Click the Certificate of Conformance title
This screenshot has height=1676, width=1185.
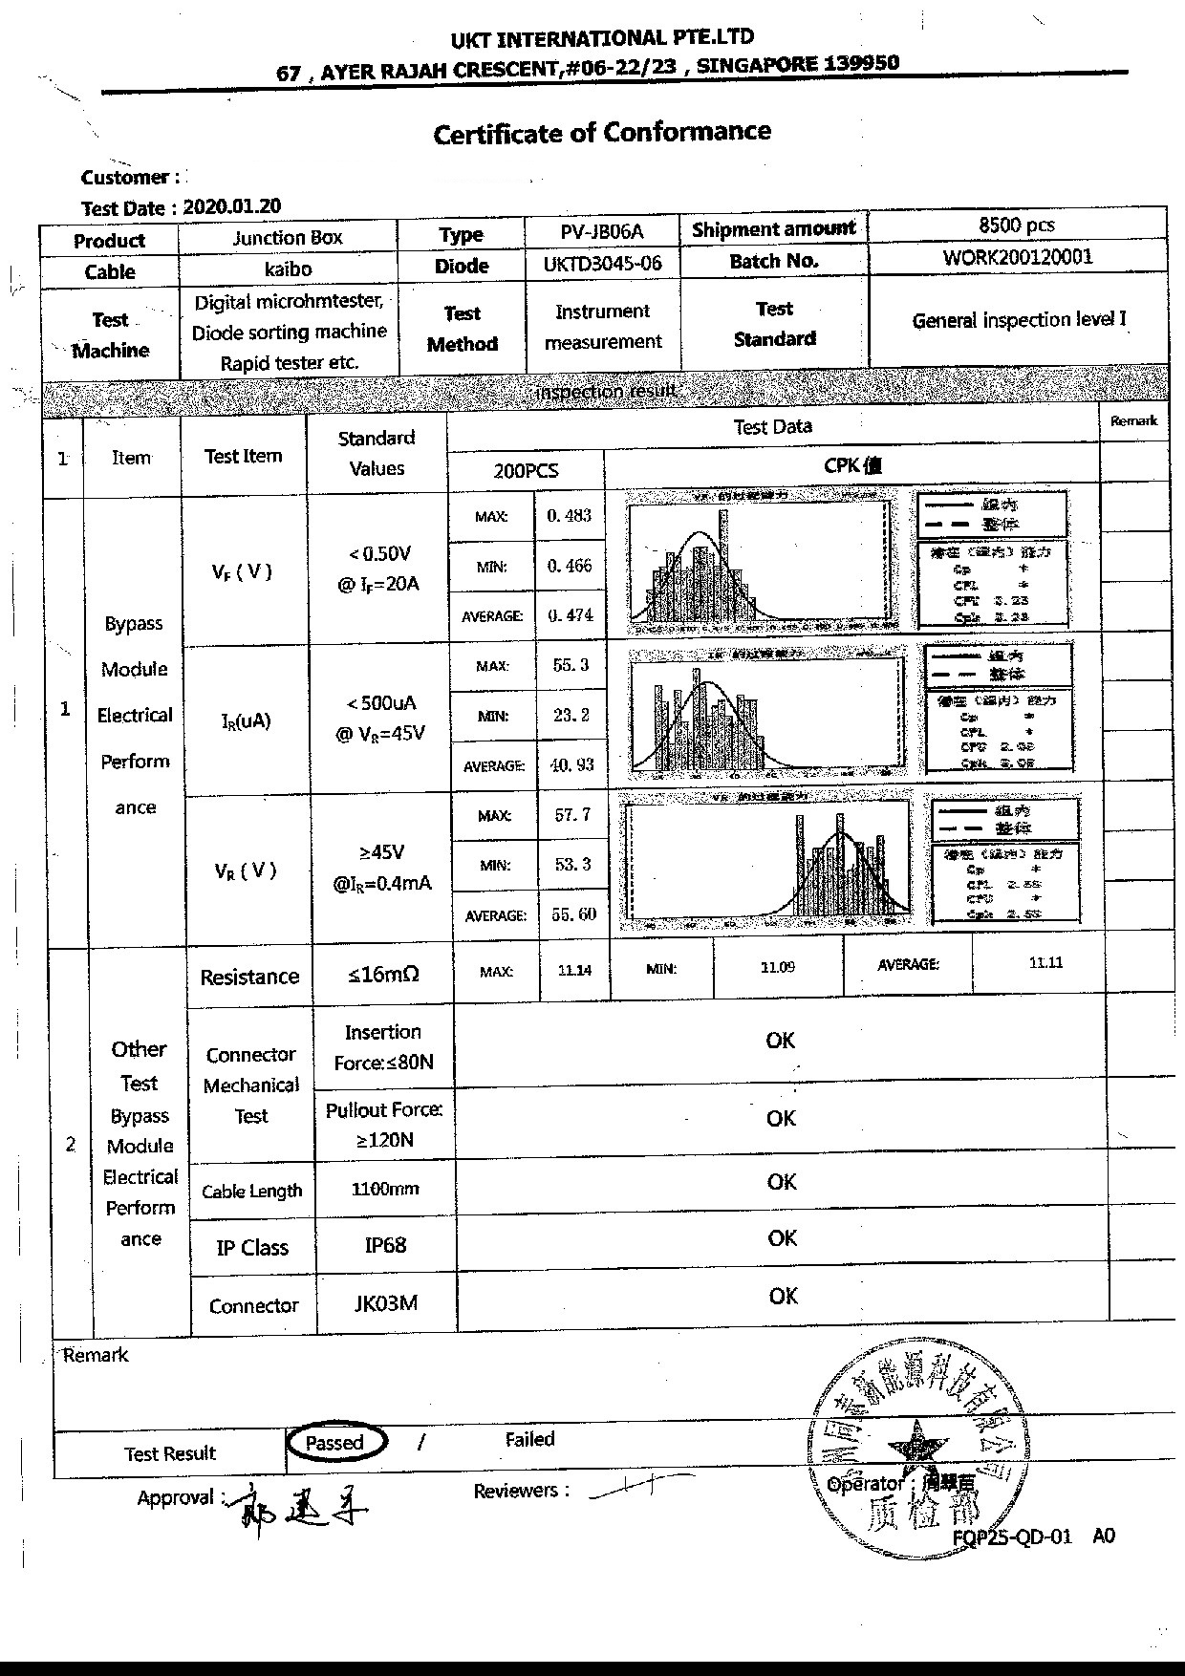pos(602,132)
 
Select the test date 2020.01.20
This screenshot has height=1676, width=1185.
pos(231,206)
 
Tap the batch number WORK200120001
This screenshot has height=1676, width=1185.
pos(1017,256)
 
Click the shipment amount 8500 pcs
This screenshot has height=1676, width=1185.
pos(1017,225)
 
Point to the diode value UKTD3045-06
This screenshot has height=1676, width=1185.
pos(602,264)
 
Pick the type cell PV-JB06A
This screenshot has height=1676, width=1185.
pos(602,231)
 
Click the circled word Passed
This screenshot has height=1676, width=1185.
pos(334,1443)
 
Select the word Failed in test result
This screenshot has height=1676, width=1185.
pos(529,1439)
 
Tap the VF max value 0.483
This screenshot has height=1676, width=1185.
pos(570,516)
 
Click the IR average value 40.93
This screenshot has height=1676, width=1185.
pos(572,764)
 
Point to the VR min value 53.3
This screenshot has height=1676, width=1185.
pos(573,864)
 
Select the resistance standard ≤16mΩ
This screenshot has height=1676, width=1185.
pos(383,975)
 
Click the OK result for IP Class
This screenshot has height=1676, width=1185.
pos(782,1238)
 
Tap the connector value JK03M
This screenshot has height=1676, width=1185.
pos(385,1303)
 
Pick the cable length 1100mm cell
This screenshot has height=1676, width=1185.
pos(385,1189)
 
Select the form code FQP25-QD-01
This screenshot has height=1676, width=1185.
pos(1012,1536)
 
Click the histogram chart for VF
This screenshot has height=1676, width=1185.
pos(762,561)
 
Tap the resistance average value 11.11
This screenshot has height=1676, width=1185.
pos(1045,963)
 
